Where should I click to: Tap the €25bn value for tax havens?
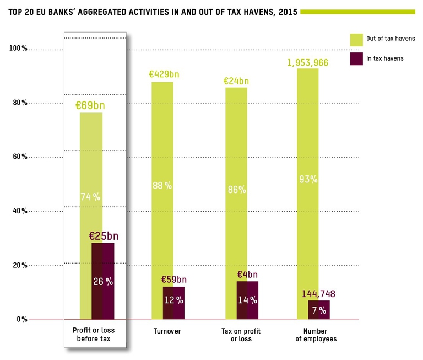(104, 236)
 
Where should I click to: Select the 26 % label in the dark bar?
(103, 282)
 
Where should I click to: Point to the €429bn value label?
(164, 74)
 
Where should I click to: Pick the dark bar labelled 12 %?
(173, 303)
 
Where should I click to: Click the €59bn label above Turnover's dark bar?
(174, 280)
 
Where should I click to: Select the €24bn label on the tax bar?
(236, 80)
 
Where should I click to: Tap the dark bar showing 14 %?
(247, 300)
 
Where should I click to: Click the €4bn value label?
(247, 275)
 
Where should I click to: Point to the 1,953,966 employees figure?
(307, 62)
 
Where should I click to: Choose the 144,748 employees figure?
(318, 293)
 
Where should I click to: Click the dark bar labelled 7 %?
(319, 310)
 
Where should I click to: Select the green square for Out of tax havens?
(356, 39)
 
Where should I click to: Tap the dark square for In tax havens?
(356, 58)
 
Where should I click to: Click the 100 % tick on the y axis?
(18, 49)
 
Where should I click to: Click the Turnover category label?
(166, 331)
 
